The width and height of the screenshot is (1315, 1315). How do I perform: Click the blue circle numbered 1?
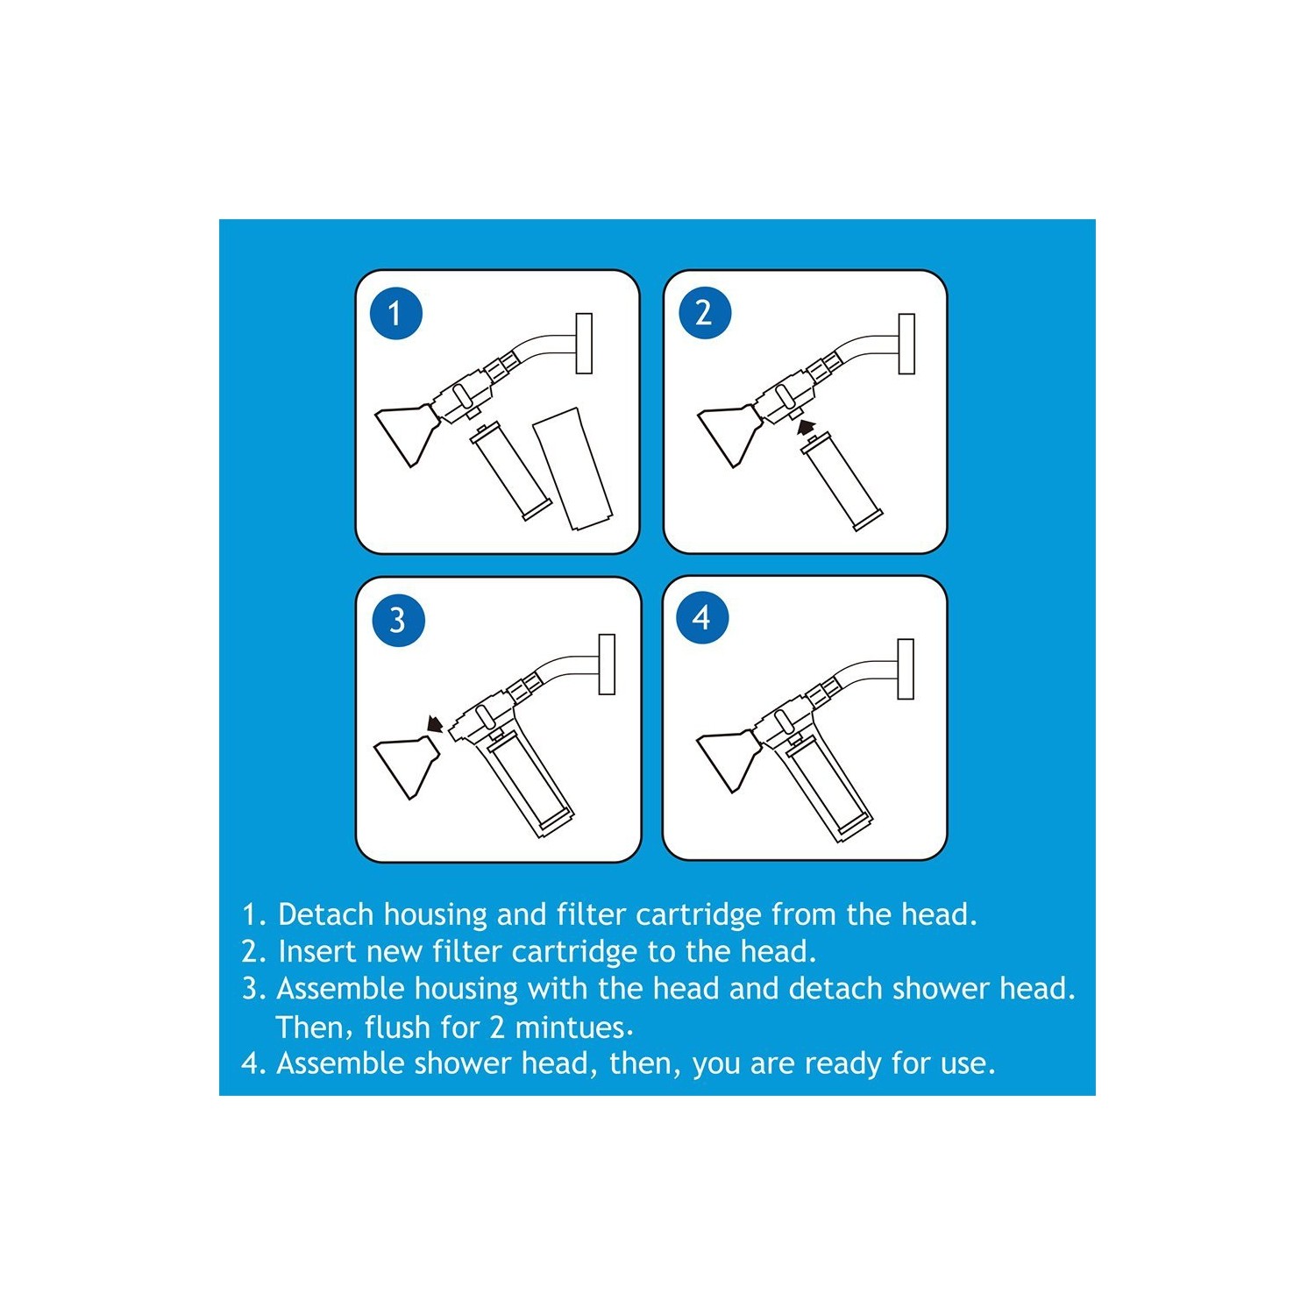tap(395, 313)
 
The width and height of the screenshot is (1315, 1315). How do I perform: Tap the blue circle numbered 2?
tap(705, 313)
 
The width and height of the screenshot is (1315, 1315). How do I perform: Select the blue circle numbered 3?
tap(398, 620)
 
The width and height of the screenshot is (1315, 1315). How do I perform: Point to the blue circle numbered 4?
tap(702, 618)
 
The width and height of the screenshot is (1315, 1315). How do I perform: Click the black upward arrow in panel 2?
tap(807, 428)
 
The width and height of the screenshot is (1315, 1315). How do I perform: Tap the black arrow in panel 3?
tap(433, 724)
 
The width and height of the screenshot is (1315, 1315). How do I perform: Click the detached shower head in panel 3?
tap(406, 763)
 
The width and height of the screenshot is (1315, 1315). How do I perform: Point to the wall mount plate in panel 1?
tap(584, 343)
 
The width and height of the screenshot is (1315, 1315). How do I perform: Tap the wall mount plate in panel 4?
tap(906, 669)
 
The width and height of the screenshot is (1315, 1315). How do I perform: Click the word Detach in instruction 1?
tap(326, 914)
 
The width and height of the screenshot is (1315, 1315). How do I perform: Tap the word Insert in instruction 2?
tap(317, 951)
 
